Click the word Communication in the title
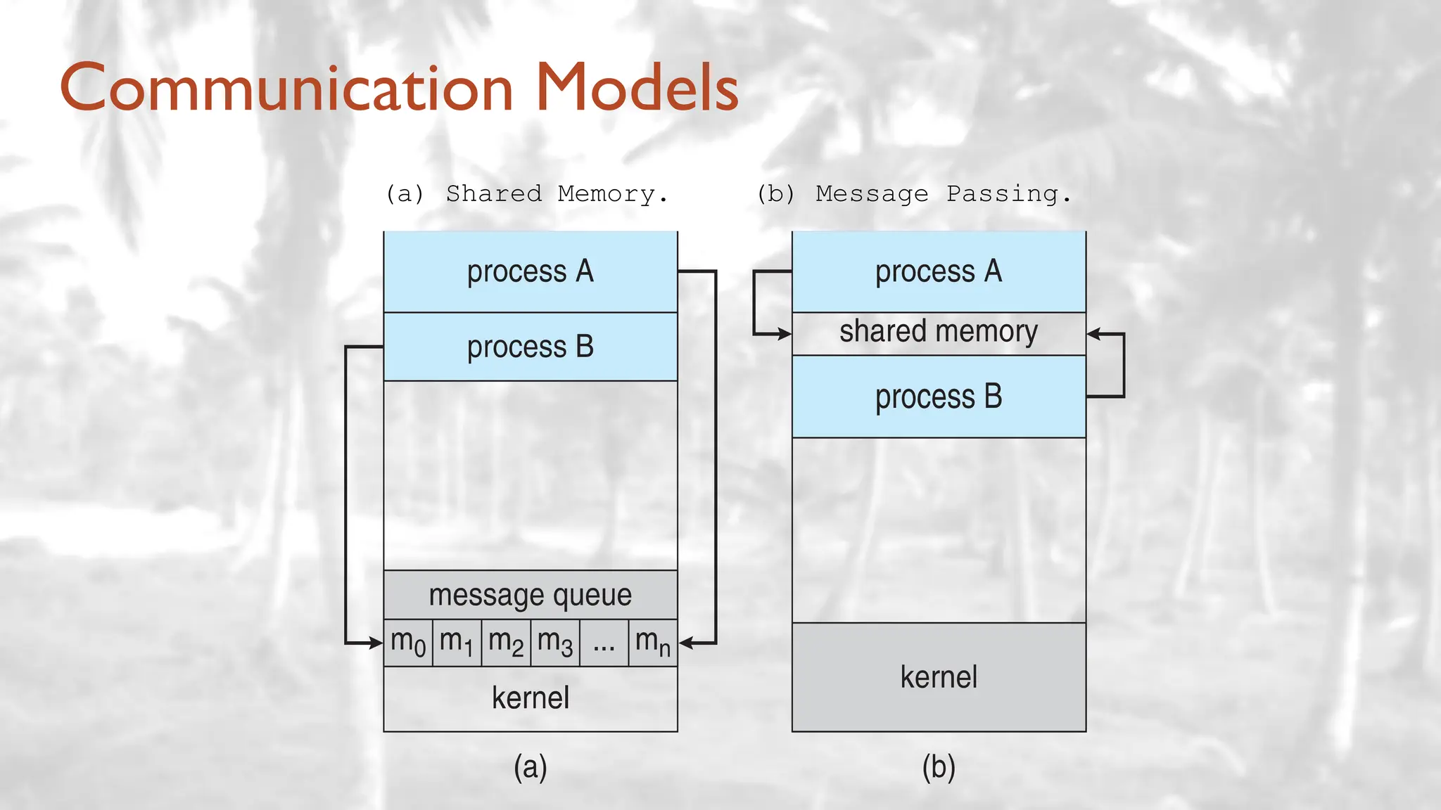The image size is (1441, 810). coord(287,89)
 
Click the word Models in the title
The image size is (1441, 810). coord(637,89)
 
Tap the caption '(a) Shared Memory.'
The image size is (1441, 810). coord(527,193)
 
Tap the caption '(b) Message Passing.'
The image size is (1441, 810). coord(914,193)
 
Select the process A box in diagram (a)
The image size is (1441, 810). coord(531,271)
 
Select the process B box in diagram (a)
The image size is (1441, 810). coord(531,347)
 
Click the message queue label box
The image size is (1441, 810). coord(531,595)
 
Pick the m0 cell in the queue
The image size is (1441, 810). coord(408,643)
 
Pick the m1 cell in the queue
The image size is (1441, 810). coord(457,643)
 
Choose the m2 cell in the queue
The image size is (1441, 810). coord(506,643)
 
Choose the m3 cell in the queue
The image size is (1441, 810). coord(555,643)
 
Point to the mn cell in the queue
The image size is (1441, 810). coord(653,643)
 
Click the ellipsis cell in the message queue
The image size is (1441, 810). coord(604,643)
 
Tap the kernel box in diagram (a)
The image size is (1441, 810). coord(531,698)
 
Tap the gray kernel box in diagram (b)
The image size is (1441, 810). coord(939,677)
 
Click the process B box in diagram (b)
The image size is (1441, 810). coord(939,397)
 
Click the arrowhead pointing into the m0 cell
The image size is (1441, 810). coord(375,643)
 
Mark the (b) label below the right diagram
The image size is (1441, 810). coord(939,767)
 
